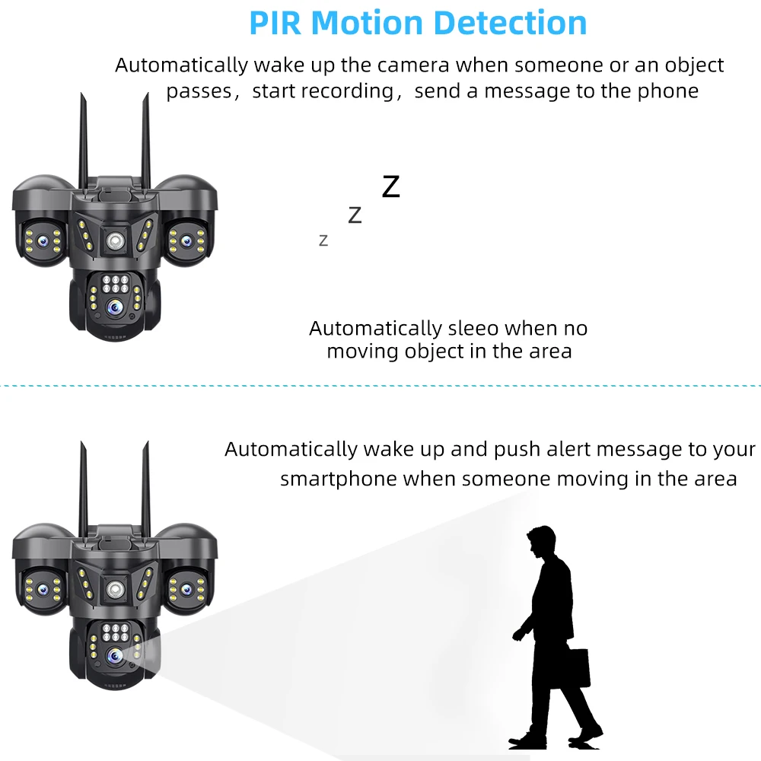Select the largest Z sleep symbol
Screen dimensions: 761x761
coord(390,186)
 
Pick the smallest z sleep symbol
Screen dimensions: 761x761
coord(323,240)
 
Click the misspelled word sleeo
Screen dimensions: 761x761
coord(473,329)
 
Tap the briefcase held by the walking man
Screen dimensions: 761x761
coord(578,667)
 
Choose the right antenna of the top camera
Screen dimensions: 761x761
coord(145,137)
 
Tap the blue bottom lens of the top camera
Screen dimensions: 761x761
coord(115,306)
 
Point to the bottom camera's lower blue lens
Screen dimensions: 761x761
coord(115,654)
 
